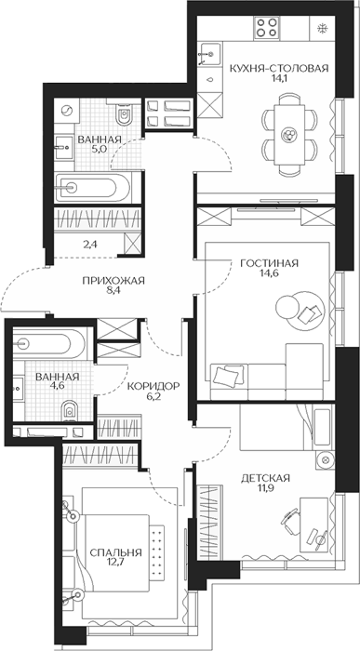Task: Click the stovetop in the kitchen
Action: [x=267, y=27]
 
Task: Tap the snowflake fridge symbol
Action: [x=322, y=28]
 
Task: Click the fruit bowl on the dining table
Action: [x=288, y=134]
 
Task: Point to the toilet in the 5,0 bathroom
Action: [x=124, y=113]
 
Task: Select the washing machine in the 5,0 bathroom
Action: [x=66, y=111]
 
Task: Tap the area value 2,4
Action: [x=89, y=244]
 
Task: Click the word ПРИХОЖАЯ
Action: [x=113, y=281]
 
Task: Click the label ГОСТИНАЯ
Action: [x=270, y=263]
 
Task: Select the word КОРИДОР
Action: [x=153, y=386]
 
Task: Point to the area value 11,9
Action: [x=265, y=486]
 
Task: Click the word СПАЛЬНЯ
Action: [x=116, y=552]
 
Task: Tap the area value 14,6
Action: [x=270, y=272]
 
